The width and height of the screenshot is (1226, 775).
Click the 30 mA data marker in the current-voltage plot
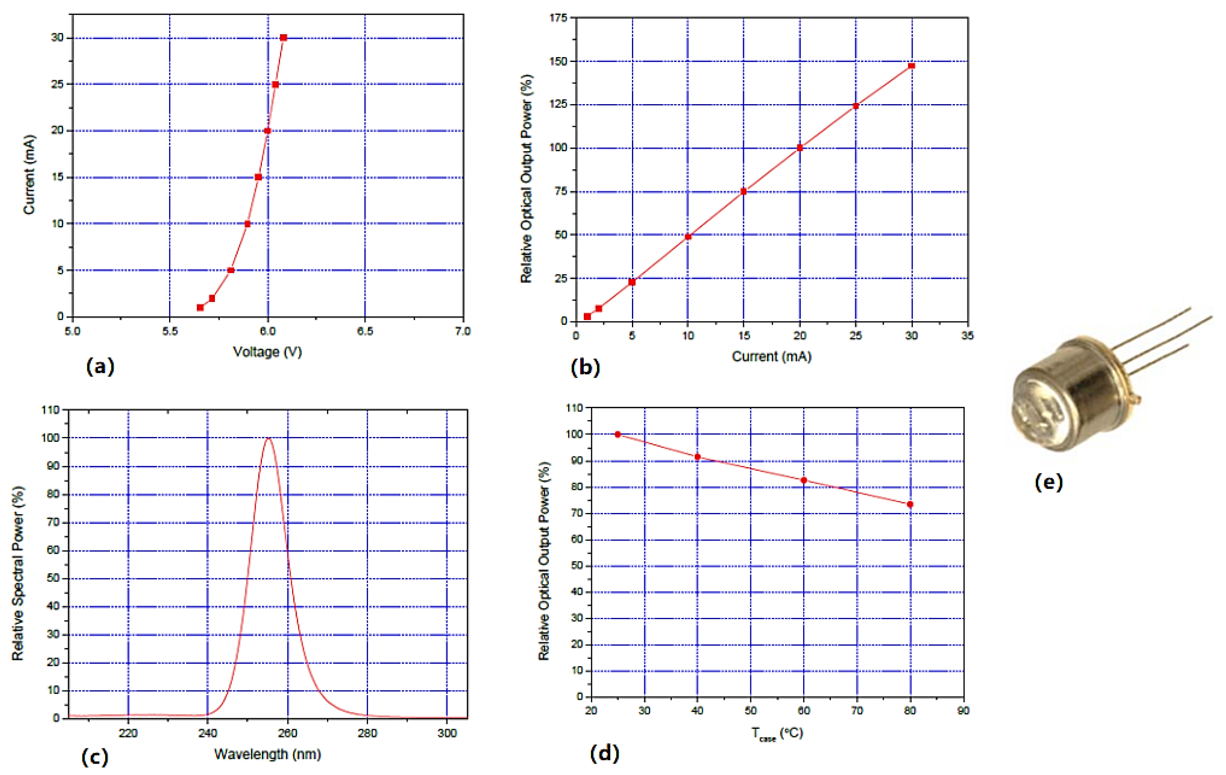point(283,38)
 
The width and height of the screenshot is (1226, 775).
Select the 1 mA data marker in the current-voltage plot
point(200,307)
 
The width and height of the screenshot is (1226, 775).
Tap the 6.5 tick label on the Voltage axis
point(365,331)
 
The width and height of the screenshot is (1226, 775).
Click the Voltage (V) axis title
point(267,352)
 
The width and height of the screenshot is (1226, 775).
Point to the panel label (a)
point(100,366)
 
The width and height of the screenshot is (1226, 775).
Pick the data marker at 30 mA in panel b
point(911,66)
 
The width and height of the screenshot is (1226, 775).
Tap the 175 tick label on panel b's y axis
point(558,18)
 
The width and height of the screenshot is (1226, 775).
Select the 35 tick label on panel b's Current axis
point(967,336)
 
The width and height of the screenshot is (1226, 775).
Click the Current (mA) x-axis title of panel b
point(771,356)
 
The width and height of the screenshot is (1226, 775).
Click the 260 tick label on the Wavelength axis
point(288,733)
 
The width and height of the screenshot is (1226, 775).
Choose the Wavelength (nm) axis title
point(267,754)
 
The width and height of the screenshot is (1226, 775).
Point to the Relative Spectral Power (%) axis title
point(18,573)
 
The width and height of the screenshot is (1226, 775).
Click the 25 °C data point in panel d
point(618,434)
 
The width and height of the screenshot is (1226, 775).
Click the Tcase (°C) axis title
point(777,734)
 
